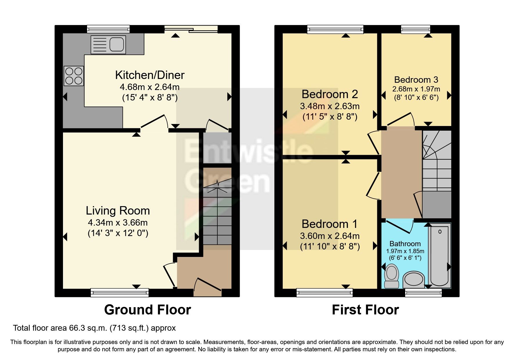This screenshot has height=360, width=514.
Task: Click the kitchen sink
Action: coord(108,45)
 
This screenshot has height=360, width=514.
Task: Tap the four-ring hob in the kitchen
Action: coord(74,76)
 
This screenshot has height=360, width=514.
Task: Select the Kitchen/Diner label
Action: coord(150,75)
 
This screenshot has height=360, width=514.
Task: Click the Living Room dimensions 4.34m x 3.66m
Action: coord(118,223)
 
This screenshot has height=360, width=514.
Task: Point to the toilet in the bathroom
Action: coord(392,276)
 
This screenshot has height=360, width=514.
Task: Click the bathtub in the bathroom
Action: coord(440,255)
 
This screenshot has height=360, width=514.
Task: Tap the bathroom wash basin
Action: coord(414,279)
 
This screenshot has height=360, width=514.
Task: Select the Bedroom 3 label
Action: coord(416,80)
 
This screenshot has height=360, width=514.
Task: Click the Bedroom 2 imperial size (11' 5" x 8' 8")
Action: coord(330,117)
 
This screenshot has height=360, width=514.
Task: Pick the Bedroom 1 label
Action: coord(330,224)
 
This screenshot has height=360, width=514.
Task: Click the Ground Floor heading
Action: coord(147,310)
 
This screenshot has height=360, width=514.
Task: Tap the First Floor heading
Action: coord(365,310)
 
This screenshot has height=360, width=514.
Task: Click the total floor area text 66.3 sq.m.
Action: coord(94,328)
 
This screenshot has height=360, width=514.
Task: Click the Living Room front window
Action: coord(120,292)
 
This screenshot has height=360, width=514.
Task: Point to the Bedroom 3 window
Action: coord(416,29)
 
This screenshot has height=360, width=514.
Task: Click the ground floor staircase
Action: coord(217,215)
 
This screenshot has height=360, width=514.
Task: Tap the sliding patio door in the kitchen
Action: coord(191,29)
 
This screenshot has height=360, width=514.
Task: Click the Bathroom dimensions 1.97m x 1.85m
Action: coord(405,251)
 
